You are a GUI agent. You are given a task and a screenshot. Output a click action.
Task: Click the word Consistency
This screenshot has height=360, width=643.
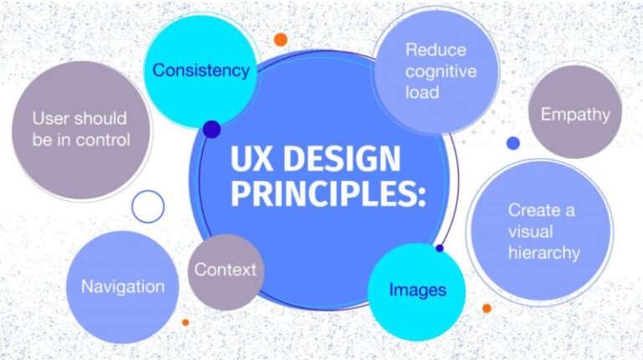(201, 70)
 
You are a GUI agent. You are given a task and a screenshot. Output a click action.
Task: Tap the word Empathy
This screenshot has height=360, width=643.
(575, 115)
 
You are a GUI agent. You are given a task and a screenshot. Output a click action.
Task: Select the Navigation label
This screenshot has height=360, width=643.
(123, 286)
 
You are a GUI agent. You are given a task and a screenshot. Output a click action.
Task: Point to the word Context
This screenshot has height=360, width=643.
(225, 270)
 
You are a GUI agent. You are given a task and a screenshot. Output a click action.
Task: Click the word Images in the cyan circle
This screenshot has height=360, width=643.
(417, 290)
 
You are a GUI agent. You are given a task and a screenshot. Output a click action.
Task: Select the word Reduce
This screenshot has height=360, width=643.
(435, 49)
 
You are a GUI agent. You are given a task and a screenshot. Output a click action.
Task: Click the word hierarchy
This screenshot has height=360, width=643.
(544, 252)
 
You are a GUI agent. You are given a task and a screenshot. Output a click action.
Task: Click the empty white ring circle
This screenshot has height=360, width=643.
(148, 206)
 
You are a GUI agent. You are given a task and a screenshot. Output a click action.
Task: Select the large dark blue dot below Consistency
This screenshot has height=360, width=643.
(212, 129)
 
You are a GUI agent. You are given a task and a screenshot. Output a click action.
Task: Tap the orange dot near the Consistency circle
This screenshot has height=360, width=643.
(280, 39)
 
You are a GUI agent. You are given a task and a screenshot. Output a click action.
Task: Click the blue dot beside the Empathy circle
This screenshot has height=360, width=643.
(513, 143)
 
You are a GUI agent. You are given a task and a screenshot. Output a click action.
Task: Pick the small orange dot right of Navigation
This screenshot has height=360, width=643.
(185, 321)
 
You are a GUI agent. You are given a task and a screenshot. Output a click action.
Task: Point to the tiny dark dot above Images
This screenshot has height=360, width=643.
(440, 248)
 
